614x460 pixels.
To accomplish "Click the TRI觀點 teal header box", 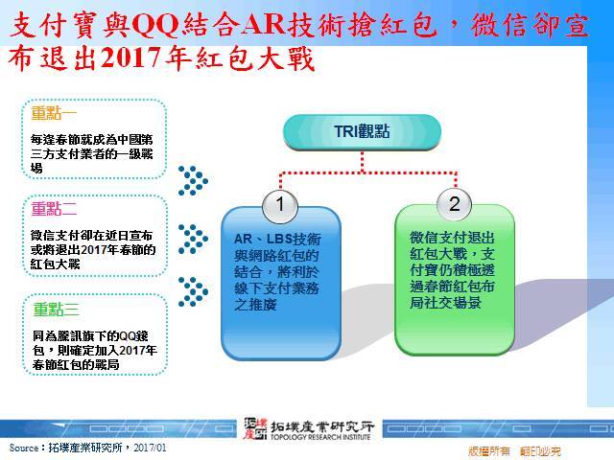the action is pyautogui.click(x=362, y=132).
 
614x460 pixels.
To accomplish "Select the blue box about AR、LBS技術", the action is pyautogui.click(x=281, y=284).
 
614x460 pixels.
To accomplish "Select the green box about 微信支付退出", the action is pyautogui.click(x=455, y=280).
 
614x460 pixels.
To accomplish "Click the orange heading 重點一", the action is pyautogui.click(x=54, y=113).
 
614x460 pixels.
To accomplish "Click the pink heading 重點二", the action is pyautogui.click(x=54, y=209).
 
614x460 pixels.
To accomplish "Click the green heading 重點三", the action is pyautogui.click(x=56, y=310).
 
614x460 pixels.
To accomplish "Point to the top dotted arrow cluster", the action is pyautogui.click(x=193, y=181).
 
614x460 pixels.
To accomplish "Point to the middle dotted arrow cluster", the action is pyautogui.click(x=193, y=239).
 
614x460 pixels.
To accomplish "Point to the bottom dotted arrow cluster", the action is pyautogui.click(x=193, y=291).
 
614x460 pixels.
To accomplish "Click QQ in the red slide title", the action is pyautogui.click(x=155, y=26).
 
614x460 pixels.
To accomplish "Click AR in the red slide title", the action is pyautogui.click(x=263, y=25).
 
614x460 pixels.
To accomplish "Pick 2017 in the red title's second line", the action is pyautogui.click(x=131, y=57).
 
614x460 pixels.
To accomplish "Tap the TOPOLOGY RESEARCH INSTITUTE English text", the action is pyautogui.click(x=320, y=437).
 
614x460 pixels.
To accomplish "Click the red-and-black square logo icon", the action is pyautogui.click(x=254, y=428).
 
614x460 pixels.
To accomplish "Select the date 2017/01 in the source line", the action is pyautogui.click(x=150, y=448).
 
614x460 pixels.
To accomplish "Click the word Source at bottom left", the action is pyautogui.click(x=24, y=448).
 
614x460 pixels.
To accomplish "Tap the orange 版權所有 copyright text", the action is pyautogui.click(x=489, y=451).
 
